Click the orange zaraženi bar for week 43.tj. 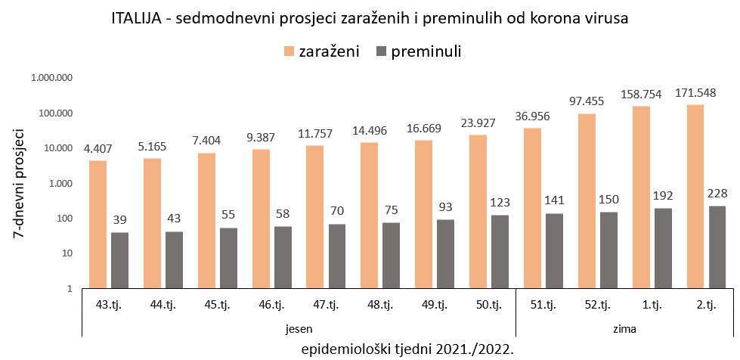98,224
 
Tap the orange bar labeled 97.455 587,200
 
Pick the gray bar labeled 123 500,251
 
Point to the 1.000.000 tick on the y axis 51,78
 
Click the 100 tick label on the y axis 61,219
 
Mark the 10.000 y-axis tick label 56,148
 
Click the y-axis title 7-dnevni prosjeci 20,183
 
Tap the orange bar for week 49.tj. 423,214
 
